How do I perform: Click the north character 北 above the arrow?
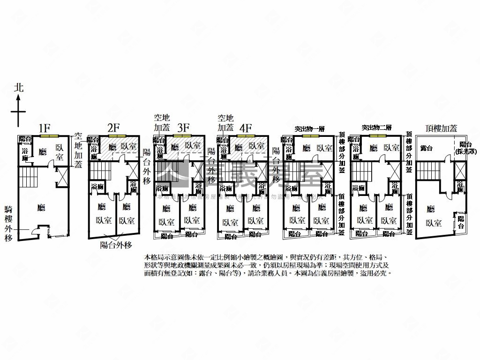tap(18, 88)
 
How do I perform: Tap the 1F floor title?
tap(45, 128)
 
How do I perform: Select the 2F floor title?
tap(113, 128)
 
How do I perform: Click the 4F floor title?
tap(246, 127)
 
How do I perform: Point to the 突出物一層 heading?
tap(310, 128)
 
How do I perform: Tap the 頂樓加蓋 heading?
tap(441, 127)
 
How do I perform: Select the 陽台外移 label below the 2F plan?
tap(116, 245)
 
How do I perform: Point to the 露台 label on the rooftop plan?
tap(427, 148)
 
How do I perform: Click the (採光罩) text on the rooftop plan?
tap(465, 151)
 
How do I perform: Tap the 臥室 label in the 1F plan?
tap(60, 152)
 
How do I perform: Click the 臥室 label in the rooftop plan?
tap(434, 223)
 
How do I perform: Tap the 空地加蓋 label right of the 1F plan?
tap(78, 150)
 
